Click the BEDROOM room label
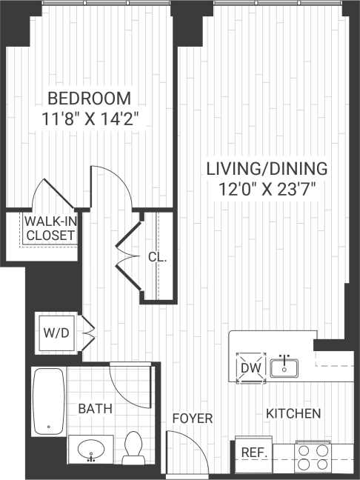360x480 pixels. [90, 98]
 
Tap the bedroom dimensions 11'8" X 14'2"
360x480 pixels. [90, 119]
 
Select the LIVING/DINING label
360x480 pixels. [267, 168]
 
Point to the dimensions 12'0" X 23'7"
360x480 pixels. [267, 188]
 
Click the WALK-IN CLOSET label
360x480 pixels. [50, 228]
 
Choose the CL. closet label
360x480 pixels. [157, 259]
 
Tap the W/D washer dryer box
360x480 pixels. [56, 332]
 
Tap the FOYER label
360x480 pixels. [193, 419]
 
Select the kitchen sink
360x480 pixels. [284, 366]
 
